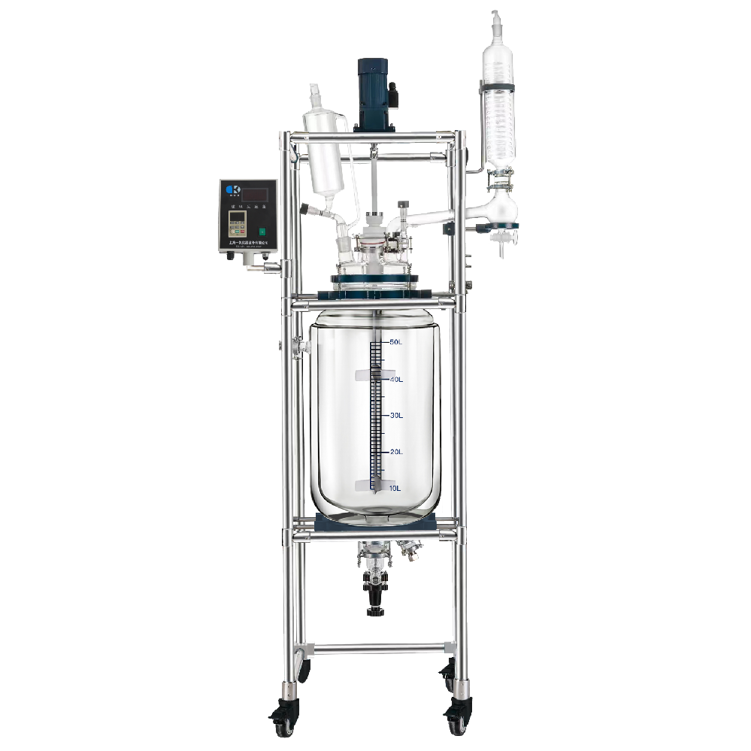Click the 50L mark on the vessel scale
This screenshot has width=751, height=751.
[397, 342]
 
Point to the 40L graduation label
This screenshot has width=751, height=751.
[396, 380]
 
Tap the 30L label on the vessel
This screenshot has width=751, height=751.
[396, 416]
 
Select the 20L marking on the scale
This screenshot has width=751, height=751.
[396, 452]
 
